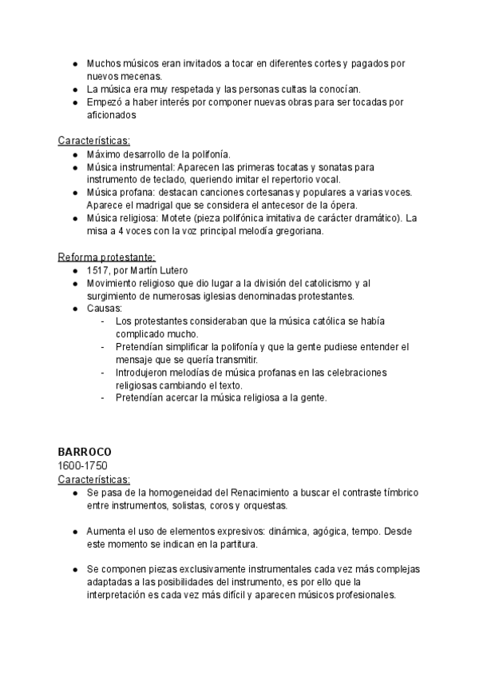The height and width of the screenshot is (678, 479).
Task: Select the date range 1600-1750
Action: pos(83,465)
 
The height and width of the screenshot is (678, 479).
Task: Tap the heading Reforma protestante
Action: pos(106,257)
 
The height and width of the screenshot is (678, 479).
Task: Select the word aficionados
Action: pos(113,114)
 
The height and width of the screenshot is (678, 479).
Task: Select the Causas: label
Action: pos(105,309)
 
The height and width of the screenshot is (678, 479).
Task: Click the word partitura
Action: pos(233,544)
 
